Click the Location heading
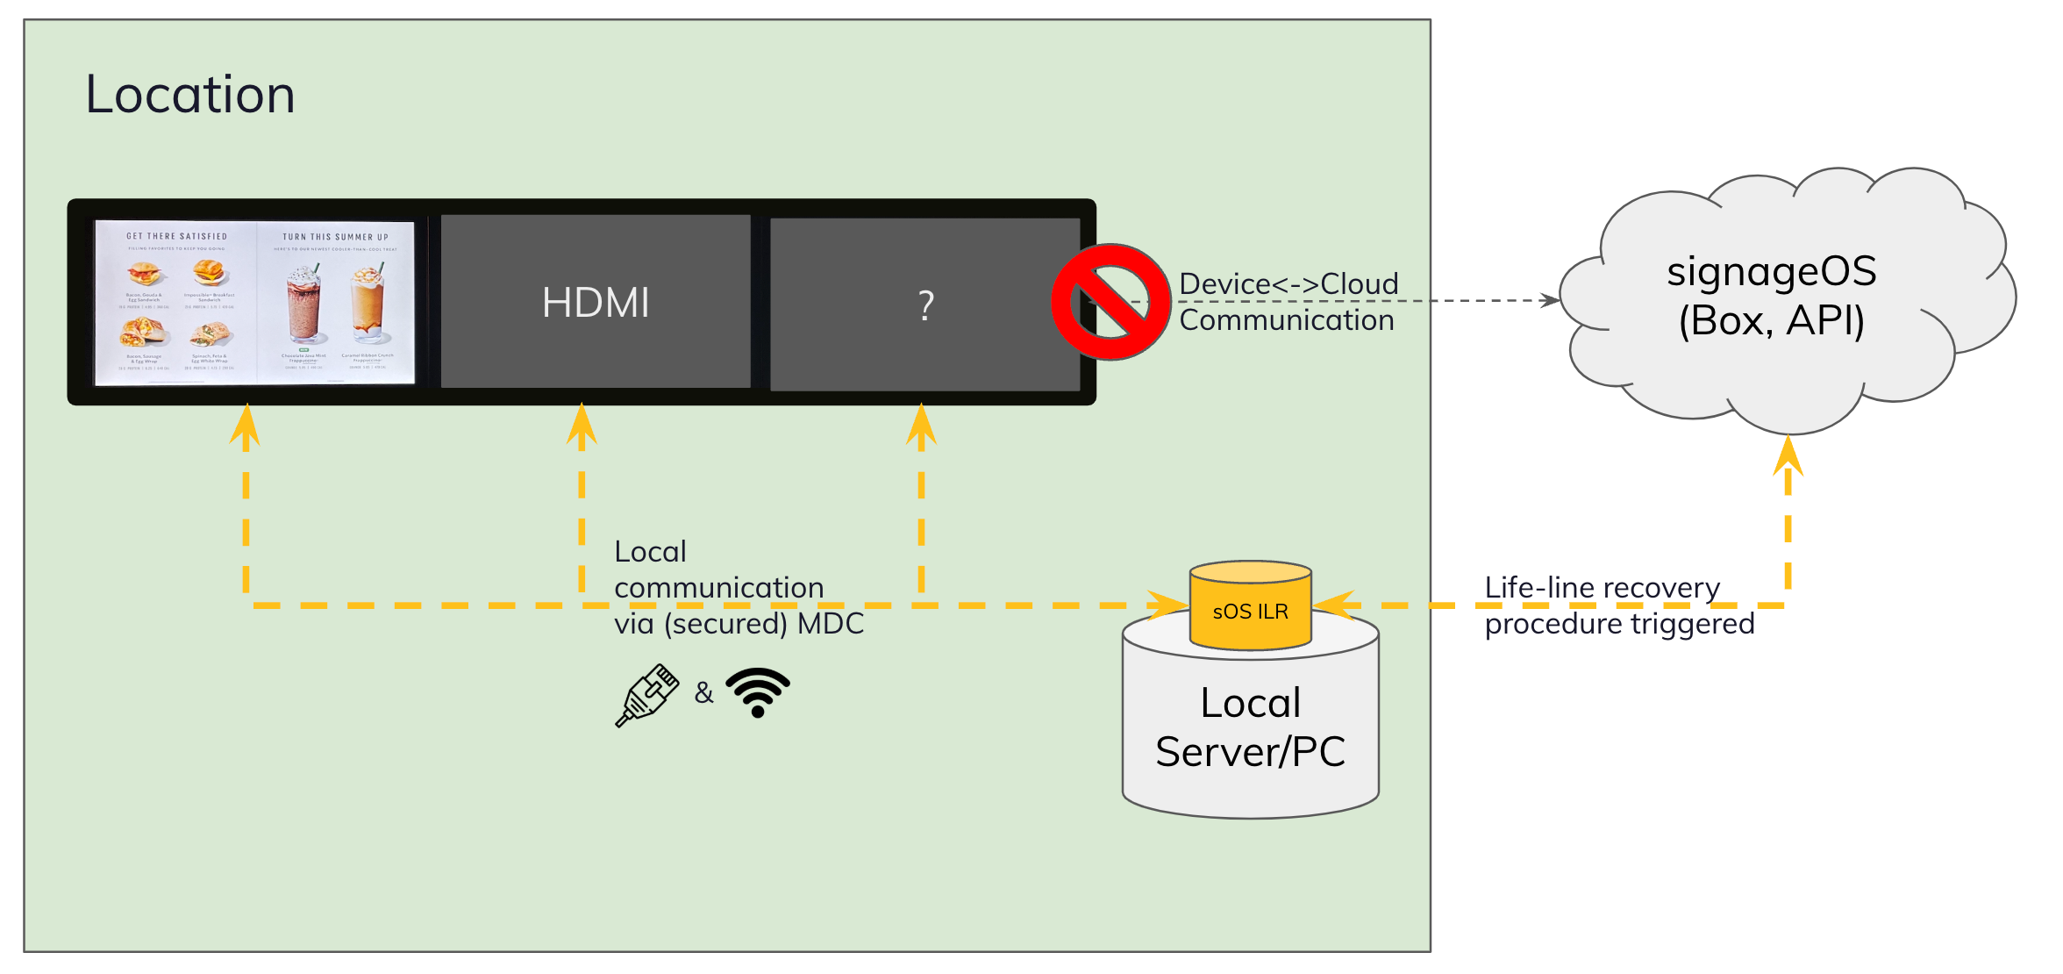189,95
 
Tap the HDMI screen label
596,303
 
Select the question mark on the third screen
925,305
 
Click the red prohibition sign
1110,302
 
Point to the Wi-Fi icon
758,692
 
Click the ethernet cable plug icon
647,695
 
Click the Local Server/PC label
1250,727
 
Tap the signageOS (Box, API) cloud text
1771,296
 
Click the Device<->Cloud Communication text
1288,302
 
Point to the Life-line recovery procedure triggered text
1618,605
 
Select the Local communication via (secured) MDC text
738,587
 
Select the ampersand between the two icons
703,693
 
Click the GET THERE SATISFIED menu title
176,236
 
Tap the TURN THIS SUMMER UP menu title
335,237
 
